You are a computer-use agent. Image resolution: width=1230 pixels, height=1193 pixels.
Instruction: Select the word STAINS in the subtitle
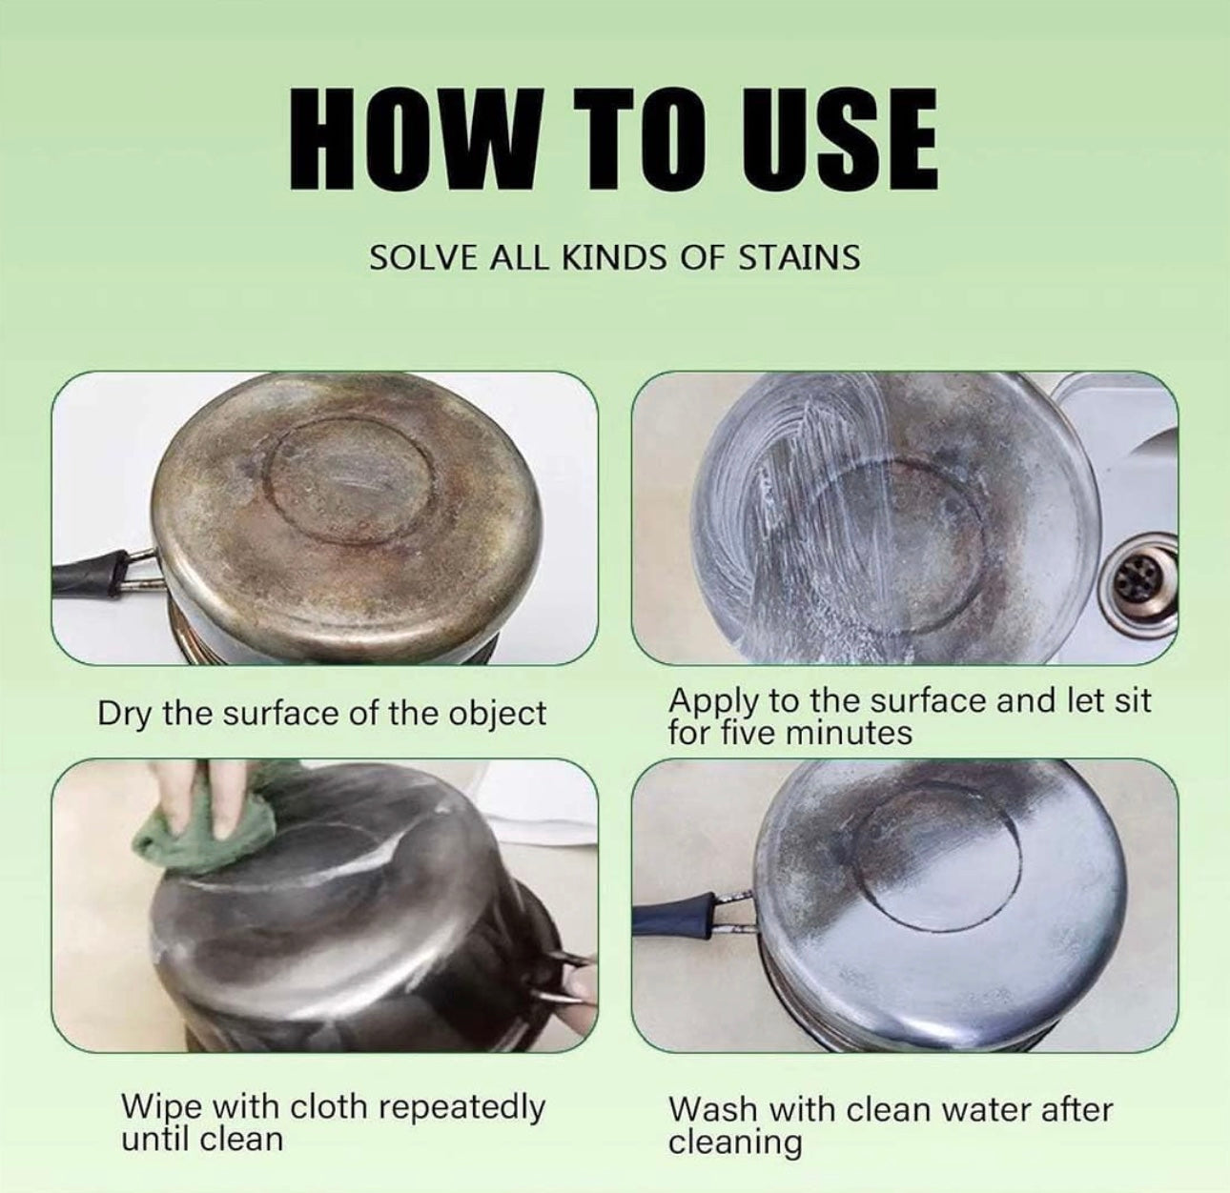click(x=799, y=257)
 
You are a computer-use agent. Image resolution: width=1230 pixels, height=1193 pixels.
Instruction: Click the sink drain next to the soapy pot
click(x=1146, y=577)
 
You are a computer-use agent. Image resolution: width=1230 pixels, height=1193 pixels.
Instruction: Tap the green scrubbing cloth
click(x=209, y=816)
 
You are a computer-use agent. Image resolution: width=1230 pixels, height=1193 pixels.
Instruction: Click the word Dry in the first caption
click(x=125, y=715)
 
